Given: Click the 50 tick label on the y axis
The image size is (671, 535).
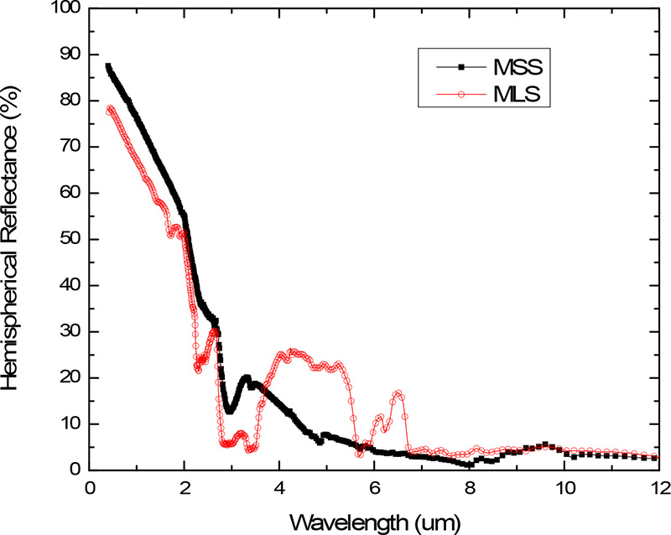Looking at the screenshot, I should click(68, 240).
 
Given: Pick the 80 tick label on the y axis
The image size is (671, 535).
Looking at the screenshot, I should click(68, 102).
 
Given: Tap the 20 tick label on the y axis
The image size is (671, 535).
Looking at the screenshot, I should click(68, 378).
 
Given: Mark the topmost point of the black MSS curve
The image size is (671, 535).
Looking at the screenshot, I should click(108, 65).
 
